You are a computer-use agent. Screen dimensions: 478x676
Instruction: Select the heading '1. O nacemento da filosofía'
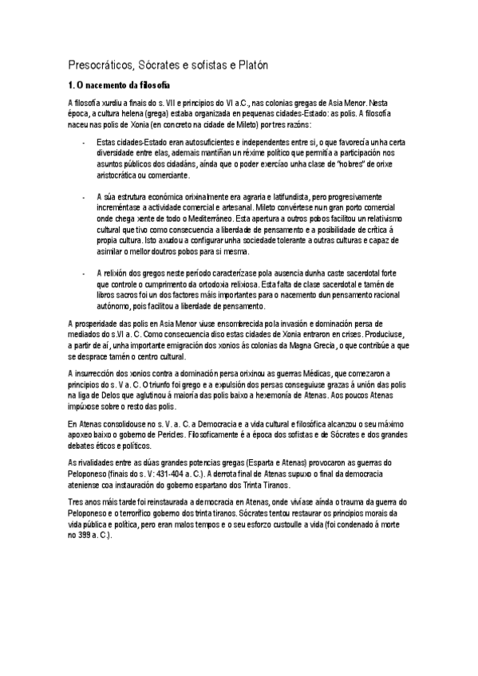119,85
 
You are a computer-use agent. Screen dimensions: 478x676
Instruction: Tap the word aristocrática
120,175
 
